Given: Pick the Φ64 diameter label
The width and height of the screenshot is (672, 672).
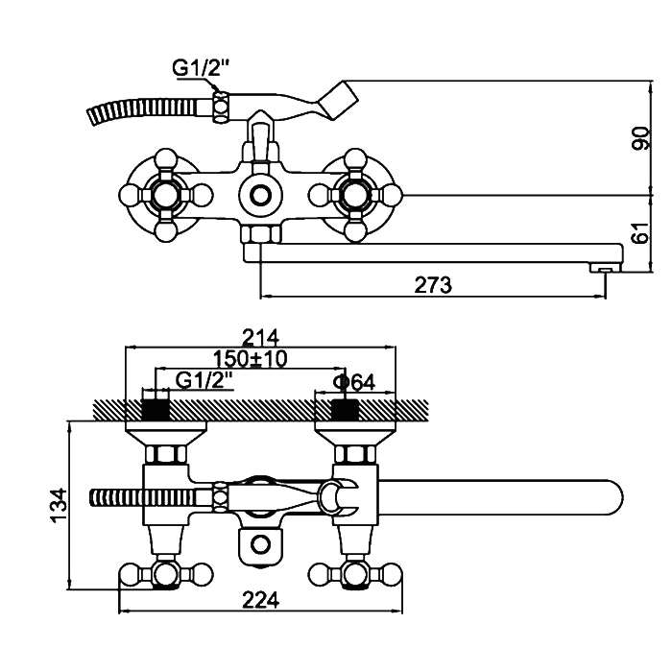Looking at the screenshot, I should (x=352, y=381).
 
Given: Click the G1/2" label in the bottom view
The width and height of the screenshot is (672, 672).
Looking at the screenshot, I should (x=203, y=381).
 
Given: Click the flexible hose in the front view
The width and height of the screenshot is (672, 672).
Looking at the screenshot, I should (x=144, y=108).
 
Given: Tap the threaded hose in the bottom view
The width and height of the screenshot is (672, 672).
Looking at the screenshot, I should (x=144, y=499).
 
